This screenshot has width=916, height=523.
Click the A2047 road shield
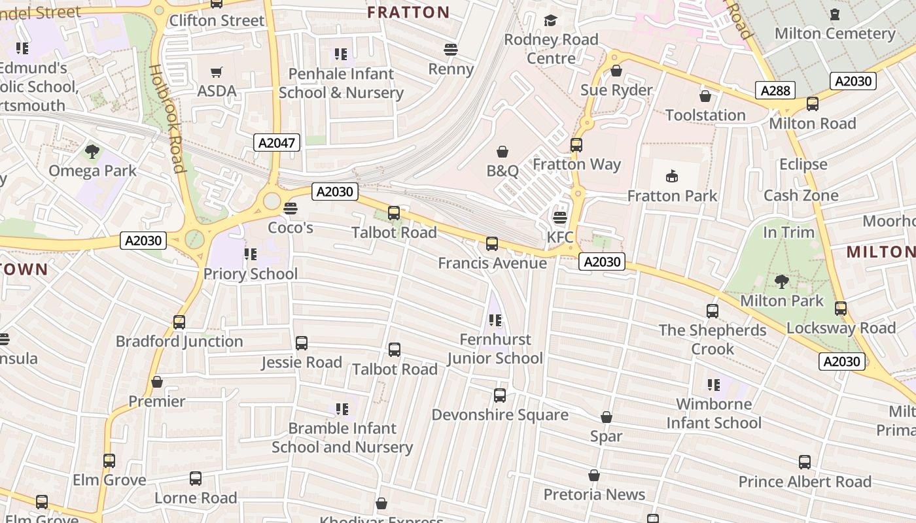[277, 143]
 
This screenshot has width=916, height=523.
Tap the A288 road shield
[775, 90]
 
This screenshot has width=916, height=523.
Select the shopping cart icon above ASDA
[217, 72]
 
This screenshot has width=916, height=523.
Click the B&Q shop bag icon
[502, 152]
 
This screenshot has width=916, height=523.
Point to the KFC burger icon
[560, 218]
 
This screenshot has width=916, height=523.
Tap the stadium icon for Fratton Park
[672, 177]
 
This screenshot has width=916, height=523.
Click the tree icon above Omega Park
[92, 152]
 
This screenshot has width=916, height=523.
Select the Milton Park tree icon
[781, 282]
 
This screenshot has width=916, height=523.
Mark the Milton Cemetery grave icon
[834, 14]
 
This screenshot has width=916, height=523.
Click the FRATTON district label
[408, 12]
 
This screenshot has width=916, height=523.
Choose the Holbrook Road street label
[167, 118]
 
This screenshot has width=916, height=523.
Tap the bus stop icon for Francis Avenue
[492, 244]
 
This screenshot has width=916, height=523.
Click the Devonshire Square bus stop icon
[500, 396]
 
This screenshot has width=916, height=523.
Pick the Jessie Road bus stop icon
[302, 343]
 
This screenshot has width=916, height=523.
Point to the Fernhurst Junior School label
[495, 348]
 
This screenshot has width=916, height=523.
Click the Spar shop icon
[607, 417]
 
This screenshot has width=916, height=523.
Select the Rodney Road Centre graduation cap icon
[550, 21]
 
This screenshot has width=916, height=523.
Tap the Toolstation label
[705, 115]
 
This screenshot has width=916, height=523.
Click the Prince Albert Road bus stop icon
[805, 462]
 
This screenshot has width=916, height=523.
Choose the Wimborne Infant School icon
[713, 385]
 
